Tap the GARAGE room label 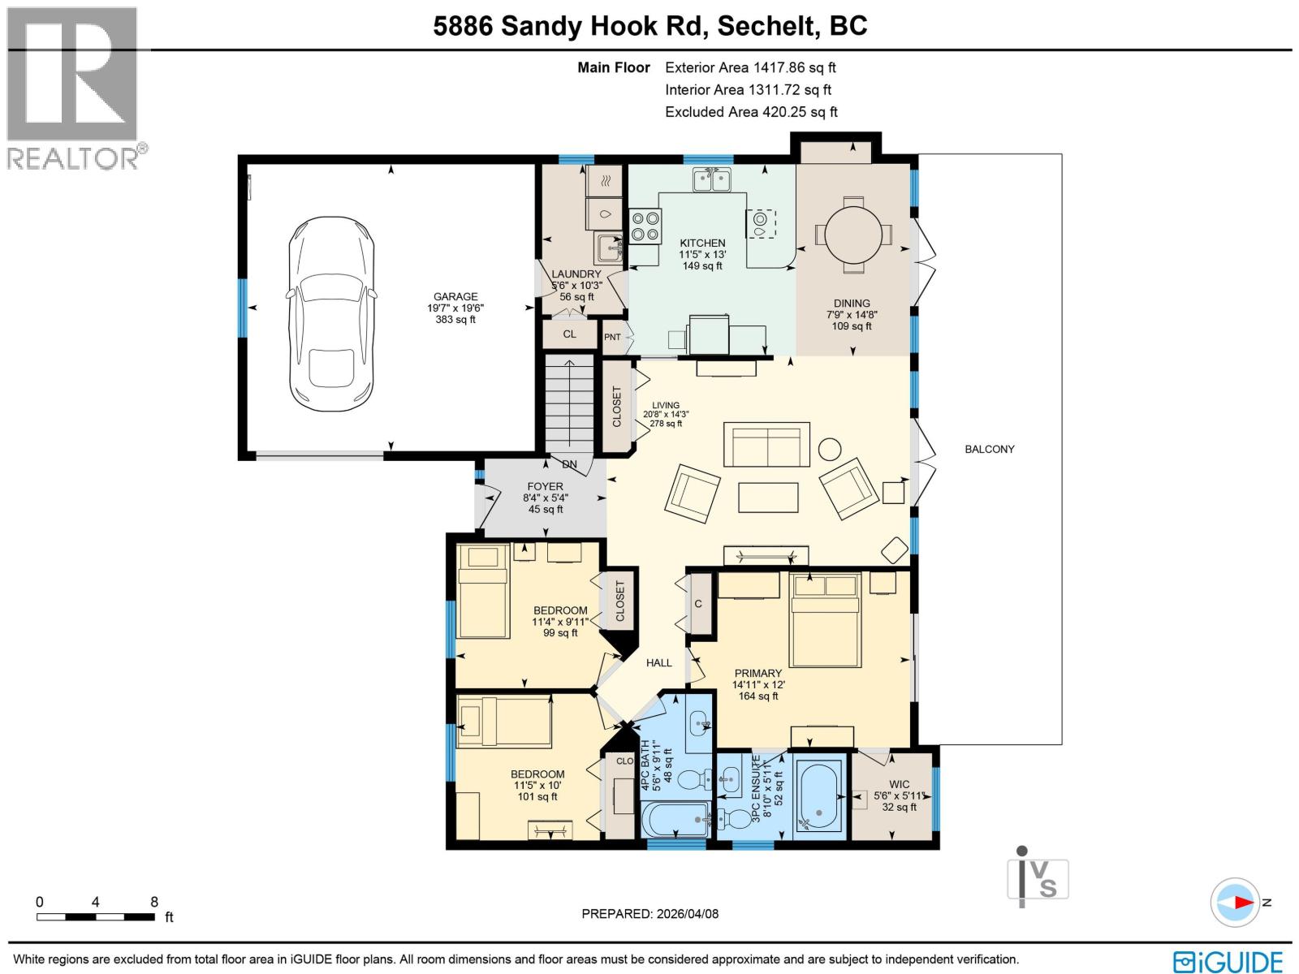coord(455,297)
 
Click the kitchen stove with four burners coord(645,226)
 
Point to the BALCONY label coord(989,449)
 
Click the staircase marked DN coord(570,406)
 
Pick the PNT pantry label coord(612,337)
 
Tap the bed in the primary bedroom coord(825,620)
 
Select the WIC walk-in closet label coord(899,784)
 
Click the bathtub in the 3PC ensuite coord(819,797)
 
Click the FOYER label coord(545,487)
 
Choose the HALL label coord(659,663)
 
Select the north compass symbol coord(1235,902)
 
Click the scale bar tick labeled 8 coord(154,902)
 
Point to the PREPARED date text coord(649,914)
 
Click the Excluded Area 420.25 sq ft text coord(751,112)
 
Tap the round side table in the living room coord(830,449)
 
